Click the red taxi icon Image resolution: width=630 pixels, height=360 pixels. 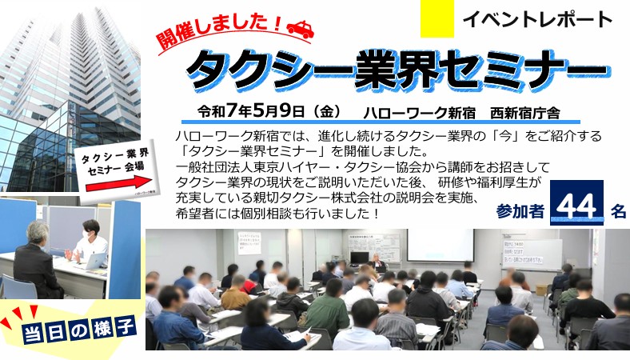(301, 29)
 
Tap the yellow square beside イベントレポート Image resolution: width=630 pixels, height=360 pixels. (437, 19)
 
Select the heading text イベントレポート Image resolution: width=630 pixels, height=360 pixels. (537, 19)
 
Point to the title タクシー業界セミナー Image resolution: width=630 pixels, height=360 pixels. (398, 70)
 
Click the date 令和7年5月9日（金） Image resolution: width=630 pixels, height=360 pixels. (270, 111)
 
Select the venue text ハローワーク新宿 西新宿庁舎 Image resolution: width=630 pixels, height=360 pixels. (461, 113)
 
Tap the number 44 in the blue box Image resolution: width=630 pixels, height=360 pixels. (576, 207)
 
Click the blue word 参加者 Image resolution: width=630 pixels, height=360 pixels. (520, 211)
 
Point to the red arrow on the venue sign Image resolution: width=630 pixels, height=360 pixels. (117, 183)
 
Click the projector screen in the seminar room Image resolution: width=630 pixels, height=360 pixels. (441, 245)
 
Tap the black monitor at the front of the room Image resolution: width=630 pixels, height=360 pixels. (359, 258)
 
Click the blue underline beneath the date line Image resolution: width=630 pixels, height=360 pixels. (381, 122)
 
